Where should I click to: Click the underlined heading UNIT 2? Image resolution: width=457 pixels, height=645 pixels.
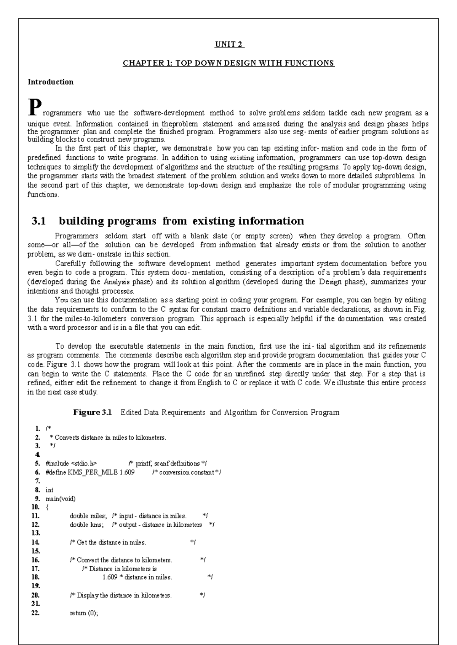click(x=228, y=44)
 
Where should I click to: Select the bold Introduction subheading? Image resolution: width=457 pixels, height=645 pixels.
click(x=51, y=82)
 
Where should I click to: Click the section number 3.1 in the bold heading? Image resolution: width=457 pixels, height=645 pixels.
click(x=38, y=221)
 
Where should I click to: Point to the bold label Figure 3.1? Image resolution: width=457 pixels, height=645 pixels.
click(x=93, y=412)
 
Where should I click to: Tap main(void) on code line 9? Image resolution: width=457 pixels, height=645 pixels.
click(x=60, y=498)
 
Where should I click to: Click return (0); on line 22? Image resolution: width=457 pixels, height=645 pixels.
click(x=84, y=613)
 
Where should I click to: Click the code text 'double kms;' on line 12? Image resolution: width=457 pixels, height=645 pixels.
click(x=86, y=524)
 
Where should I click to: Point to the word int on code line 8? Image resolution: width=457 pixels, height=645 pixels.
click(x=49, y=490)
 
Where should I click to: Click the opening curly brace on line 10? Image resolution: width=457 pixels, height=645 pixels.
click(x=47, y=507)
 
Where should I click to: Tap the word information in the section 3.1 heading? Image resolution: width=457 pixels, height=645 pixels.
click(x=271, y=221)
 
